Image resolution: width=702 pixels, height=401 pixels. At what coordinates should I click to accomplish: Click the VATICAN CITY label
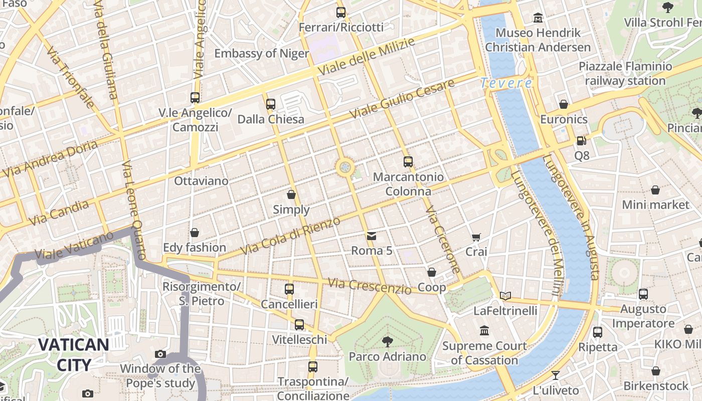(73, 354)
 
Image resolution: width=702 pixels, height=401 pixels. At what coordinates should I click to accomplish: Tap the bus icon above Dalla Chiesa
(271, 104)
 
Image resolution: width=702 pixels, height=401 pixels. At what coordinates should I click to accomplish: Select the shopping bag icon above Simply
(291, 194)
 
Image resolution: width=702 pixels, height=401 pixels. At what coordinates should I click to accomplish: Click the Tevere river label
(505, 83)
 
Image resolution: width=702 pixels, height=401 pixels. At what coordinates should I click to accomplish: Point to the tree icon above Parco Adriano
(387, 342)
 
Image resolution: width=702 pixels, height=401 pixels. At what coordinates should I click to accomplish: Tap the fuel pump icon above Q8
(582, 141)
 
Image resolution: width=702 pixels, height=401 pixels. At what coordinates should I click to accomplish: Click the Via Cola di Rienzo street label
(290, 236)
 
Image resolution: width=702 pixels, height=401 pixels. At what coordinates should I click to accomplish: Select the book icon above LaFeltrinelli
(505, 296)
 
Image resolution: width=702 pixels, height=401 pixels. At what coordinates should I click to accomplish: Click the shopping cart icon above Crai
(476, 237)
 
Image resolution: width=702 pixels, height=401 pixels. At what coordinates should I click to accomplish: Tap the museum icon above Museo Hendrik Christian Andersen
(538, 18)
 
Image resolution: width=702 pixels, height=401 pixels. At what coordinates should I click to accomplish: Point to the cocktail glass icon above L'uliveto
(556, 375)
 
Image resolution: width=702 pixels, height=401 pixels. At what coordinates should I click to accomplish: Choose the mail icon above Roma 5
(372, 236)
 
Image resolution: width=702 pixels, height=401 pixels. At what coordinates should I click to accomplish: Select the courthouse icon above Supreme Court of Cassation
(484, 331)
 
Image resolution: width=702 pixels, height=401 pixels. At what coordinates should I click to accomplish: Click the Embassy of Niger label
(262, 53)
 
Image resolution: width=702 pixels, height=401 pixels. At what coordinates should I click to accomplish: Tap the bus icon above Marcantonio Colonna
(408, 162)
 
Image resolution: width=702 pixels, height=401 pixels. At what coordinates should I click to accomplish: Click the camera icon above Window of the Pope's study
(160, 354)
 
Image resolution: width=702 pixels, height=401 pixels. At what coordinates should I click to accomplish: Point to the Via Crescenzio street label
(370, 286)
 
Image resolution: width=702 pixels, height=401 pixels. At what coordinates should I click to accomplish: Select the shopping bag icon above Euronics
(564, 104)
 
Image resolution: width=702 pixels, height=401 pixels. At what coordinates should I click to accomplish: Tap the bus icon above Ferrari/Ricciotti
(341, 13)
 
